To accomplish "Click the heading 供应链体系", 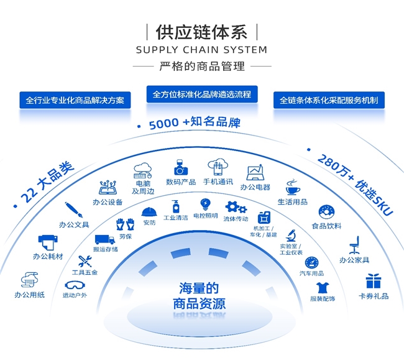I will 201,32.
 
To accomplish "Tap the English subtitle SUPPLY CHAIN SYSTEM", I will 201,50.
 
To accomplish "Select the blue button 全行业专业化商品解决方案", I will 75,99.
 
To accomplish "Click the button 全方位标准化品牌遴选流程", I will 202,95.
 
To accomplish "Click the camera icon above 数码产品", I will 181,168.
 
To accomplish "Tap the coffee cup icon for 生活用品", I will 292,187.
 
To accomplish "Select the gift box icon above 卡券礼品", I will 373,281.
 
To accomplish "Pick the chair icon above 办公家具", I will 355,244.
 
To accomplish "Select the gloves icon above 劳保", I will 125,224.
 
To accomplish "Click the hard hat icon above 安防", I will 149,211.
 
